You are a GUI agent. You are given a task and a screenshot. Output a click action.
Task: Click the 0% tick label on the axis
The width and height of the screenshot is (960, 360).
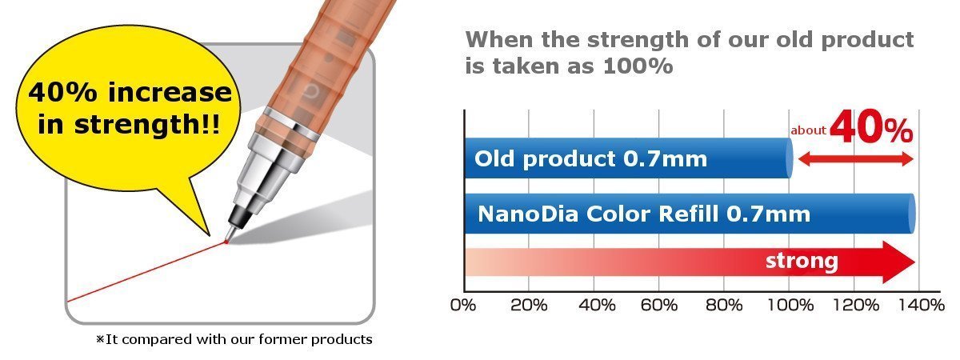click(463, 305)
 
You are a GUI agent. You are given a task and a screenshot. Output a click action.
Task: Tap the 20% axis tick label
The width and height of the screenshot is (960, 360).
click(529, 305)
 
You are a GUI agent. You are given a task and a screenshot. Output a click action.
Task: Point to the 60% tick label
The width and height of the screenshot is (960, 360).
click(659, 305)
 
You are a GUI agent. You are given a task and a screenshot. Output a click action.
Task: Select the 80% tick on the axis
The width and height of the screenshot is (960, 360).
click(724, 305)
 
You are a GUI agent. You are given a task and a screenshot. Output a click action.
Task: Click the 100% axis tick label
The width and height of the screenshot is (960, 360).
click(790, 305)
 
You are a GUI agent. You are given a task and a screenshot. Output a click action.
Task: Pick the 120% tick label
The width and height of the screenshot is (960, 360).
click(855, 305)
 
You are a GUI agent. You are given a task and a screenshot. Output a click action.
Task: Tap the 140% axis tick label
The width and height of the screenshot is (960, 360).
click(922, 305)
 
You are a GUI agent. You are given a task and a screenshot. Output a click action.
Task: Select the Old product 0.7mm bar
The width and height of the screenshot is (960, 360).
click(629, 158)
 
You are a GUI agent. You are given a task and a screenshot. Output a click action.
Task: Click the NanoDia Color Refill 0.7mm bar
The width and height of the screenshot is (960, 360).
click(690, 214)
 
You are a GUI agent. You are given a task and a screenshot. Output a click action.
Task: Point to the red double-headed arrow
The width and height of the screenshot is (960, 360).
click(856, 159)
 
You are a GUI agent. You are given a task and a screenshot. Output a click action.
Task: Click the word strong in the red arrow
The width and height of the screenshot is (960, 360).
click(802, 261)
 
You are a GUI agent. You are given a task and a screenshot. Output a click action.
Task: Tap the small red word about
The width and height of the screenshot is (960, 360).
click(808, 130)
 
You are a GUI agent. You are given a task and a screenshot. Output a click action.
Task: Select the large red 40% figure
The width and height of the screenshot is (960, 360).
click(871, 127)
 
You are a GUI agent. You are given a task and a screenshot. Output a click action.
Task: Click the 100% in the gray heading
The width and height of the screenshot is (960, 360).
click(638, 66)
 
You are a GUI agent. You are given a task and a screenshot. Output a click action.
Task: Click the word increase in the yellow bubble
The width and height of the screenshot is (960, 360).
click(170, 92)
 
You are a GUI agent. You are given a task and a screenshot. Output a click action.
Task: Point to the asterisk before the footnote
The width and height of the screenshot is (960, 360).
click(100, 339)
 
